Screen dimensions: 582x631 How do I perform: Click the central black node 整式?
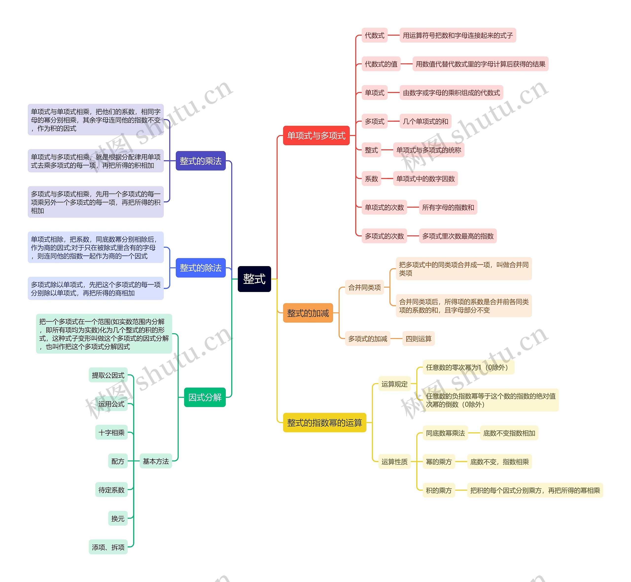point(254,279)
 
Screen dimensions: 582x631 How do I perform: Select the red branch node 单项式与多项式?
point(316,136)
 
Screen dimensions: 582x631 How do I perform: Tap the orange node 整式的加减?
point(308,313)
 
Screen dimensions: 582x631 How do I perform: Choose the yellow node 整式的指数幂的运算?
point(324,422)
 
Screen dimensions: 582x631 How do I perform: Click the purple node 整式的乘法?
point(200,161)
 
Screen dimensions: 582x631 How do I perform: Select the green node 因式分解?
point(205,397)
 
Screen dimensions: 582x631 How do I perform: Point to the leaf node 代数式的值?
point(381,64)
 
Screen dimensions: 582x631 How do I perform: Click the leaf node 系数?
point(371,179)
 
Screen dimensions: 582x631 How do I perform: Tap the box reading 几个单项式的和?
point(425,121)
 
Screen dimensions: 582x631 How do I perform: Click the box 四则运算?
point(418,339)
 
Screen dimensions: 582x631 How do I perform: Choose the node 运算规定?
point(394,384)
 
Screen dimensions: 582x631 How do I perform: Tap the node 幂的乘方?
point(438,462)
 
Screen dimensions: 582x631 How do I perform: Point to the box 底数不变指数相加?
point(509,433)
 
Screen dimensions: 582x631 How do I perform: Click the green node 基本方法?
point(156,461)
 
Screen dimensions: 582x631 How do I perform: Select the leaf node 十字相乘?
point(111,432)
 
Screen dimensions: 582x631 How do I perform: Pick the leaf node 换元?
point(118,518)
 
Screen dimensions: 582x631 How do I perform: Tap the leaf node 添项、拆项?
point(108,547)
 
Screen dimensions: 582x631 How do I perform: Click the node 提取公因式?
point(108,375)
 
